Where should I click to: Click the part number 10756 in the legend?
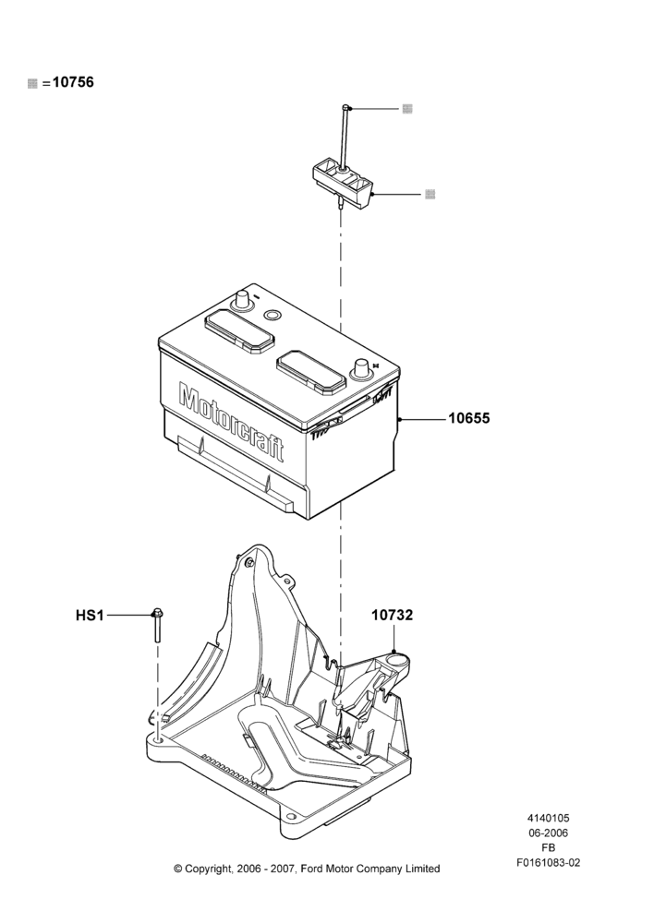pyautogui.click(x=73, y=82)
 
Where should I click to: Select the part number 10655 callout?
pyautogui.click(x=469, y=418)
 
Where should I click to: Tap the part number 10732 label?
pyautogui.click(x=392, y=615)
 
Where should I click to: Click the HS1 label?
pyautogui.click(x=90, y=616)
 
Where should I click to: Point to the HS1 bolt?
pyautogui.click(x=157, y=625)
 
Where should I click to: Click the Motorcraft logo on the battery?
pyautogui.click(x=231, y=422)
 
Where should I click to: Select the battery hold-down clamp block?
pyautogui.click(x=343, y=180)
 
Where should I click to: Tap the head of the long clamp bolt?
pyautogui.click(x=345, y=108)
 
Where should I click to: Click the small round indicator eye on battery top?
pyautogui.click(x=272, y=316)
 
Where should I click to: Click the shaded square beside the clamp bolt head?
pyautogui.click(x=407, y=109)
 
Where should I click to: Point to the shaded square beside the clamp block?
pyautogui.click(x=430, y=194)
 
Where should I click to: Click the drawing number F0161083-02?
pyautogui.click(x=548, y=863)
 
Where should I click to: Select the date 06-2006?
pyautogui.click(x=548, y=833)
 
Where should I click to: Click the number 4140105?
pyautogui.click(x=548, y=818)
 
